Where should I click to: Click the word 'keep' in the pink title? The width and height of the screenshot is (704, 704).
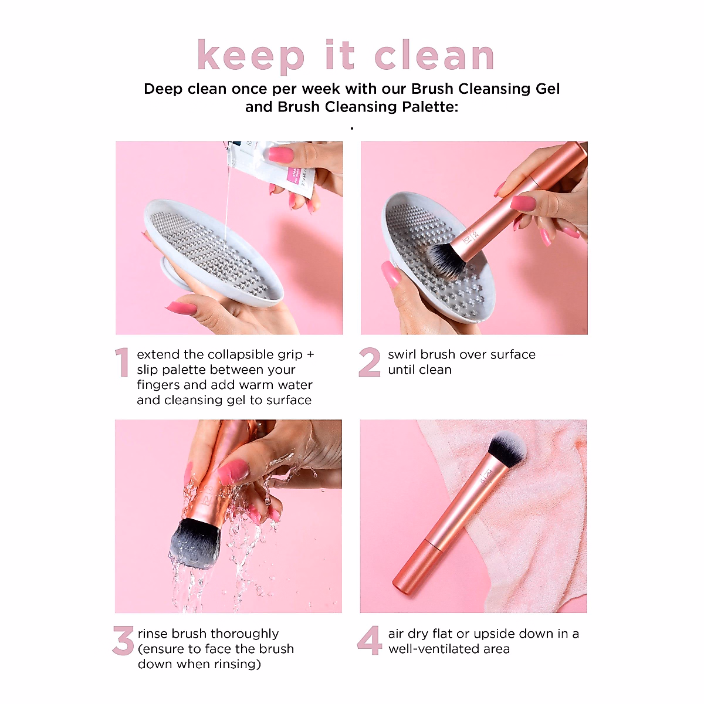point(251,56)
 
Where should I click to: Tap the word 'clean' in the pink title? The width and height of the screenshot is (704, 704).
point(434,56)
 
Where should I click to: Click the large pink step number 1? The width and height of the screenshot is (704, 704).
point(122,363)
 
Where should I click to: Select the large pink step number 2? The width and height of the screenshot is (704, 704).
point(370,363)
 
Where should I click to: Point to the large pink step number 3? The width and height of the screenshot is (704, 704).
point(123,641)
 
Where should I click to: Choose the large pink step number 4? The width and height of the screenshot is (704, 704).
point(370,641)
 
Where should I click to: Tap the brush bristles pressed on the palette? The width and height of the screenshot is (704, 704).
point(444,258)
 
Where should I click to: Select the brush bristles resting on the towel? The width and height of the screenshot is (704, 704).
point(507,448)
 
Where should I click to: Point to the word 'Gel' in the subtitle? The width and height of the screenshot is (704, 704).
point(539,89)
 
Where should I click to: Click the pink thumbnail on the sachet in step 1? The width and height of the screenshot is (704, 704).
point(280,155)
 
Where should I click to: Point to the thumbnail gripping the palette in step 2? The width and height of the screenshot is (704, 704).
point(391,274)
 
